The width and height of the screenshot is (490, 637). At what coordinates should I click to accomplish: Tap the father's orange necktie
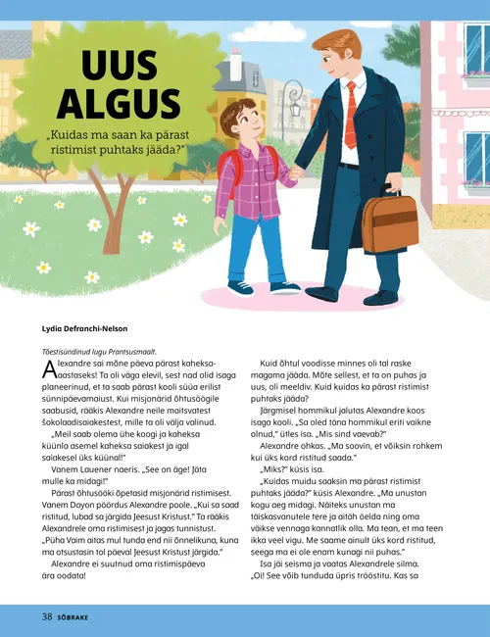coord(350,114)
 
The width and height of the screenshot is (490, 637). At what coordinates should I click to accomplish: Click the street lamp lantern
coord(293,98)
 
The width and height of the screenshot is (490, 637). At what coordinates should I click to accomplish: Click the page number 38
coord(46,617)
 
